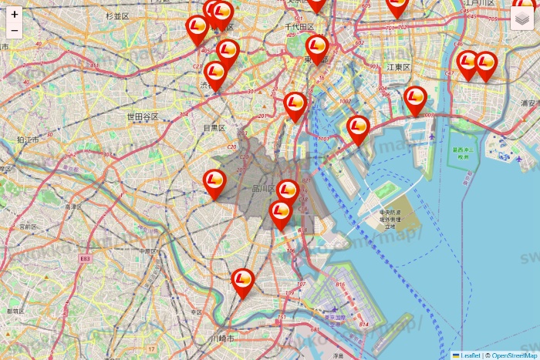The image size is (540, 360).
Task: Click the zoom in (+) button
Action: [15, 14]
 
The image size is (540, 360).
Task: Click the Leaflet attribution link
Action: [470, 355]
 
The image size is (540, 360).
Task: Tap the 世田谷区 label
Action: [143, 116]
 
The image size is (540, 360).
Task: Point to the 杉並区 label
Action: [117, 15]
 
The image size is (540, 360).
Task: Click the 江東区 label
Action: [400, 67]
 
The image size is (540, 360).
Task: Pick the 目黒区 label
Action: [214, 127]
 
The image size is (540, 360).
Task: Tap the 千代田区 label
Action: [300, 26]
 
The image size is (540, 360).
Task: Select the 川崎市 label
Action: [221, 338]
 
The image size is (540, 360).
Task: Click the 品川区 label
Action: [264, 188]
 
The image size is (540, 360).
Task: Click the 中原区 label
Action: [148, 251]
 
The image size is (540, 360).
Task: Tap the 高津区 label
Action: [73, 207]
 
